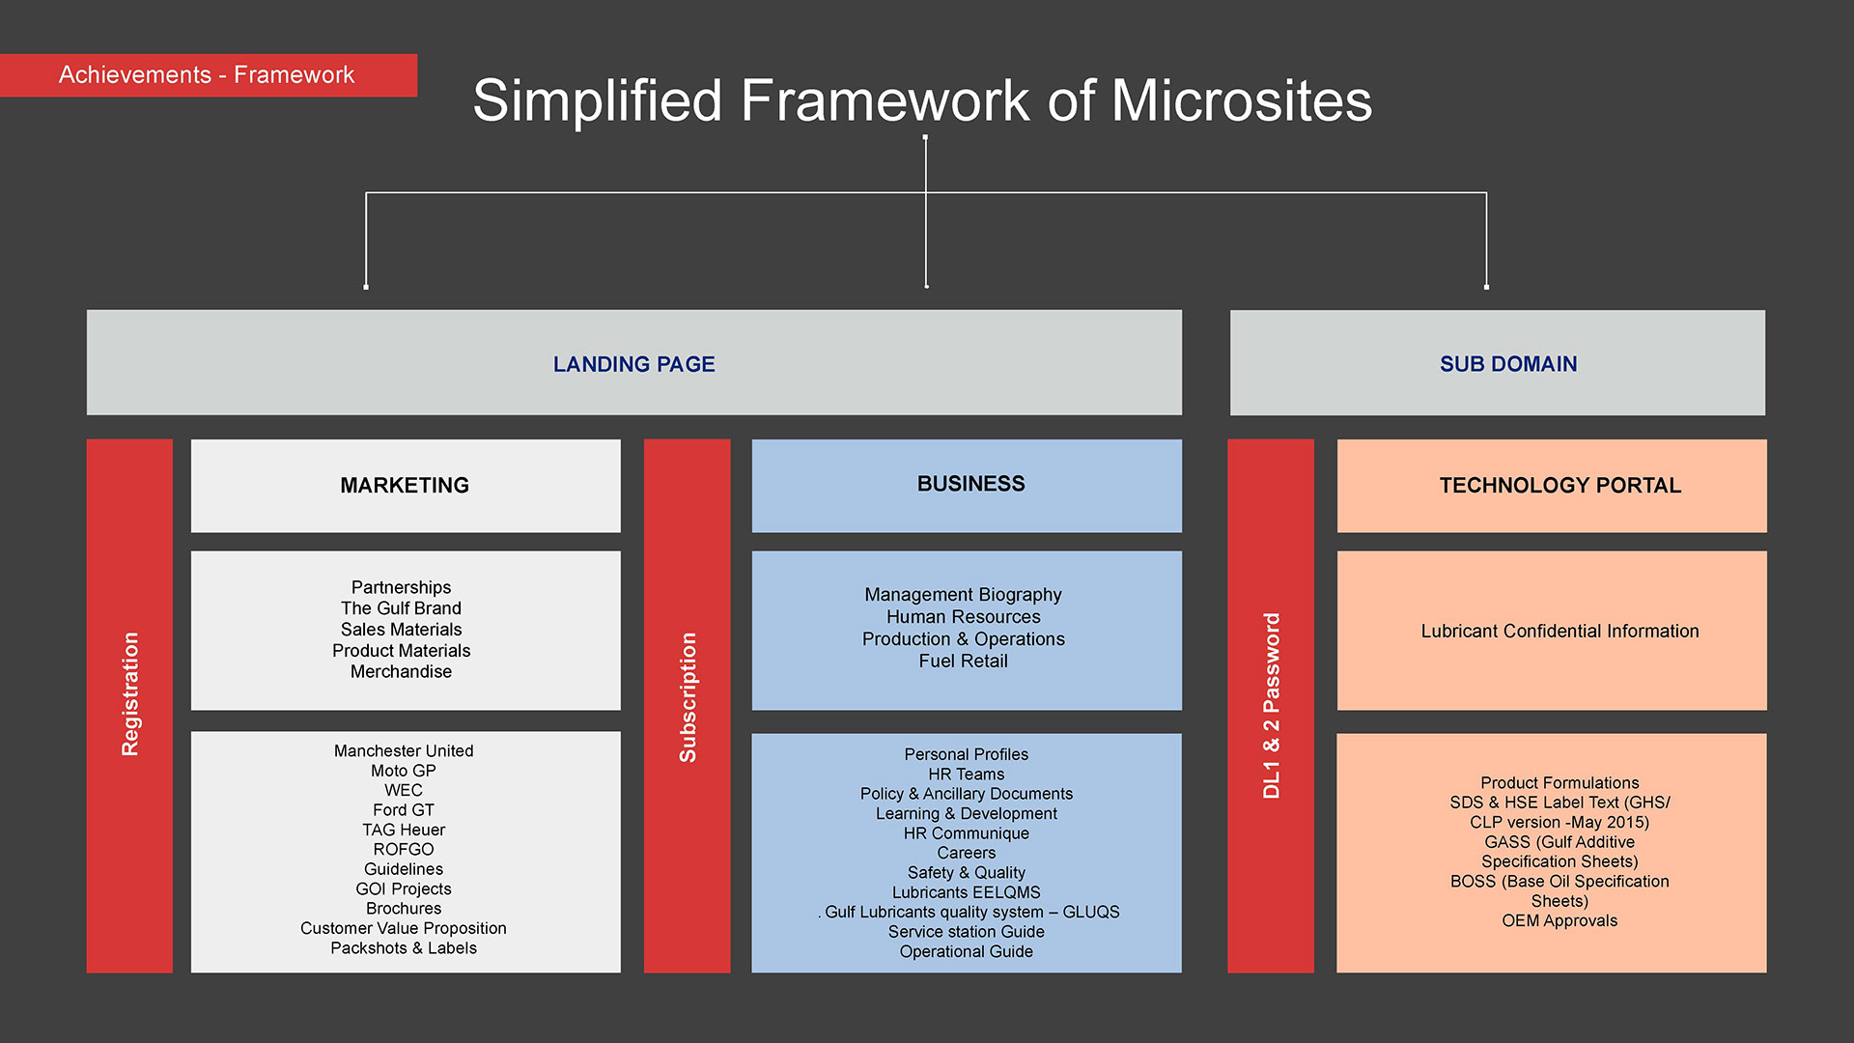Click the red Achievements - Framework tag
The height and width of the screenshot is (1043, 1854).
pos(207,75)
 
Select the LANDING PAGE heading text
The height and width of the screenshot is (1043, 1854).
pos(633,364)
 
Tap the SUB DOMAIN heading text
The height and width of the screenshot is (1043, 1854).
pos(1507,364)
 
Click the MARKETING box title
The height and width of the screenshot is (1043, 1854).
pos(405,486)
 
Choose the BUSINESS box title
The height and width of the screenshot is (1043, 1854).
pos(970,484)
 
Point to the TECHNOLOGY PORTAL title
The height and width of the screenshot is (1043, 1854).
pos(1559,486)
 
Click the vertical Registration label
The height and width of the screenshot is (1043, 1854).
pos(130,693)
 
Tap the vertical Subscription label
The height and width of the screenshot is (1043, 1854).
pos(688,697)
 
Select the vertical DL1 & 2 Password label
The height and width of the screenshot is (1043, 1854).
pos(1271,705)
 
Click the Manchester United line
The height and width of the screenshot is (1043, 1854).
pos(404,751)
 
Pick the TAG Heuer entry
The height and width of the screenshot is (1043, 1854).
pos(404,831)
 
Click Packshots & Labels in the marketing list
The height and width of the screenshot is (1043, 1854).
pos(404,948)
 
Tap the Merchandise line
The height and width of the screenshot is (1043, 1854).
pos(401,672)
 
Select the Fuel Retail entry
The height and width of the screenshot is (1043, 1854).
pos(963,662)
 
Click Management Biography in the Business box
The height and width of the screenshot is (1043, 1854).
pos(963,595)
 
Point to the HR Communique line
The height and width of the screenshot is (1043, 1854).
pos(966,833)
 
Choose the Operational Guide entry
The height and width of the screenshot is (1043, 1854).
pos(966,952)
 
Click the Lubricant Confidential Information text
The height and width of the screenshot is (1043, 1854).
pos(1559,632)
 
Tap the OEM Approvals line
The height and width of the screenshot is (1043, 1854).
pos(1559,921)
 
